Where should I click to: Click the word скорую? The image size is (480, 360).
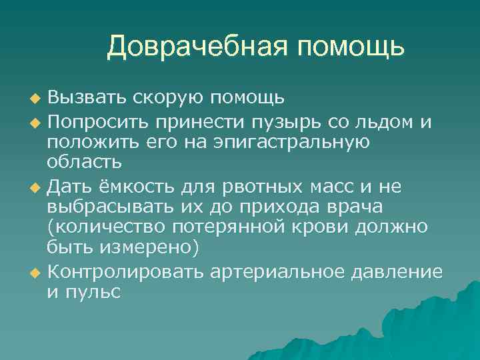click(x=170, y=99)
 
